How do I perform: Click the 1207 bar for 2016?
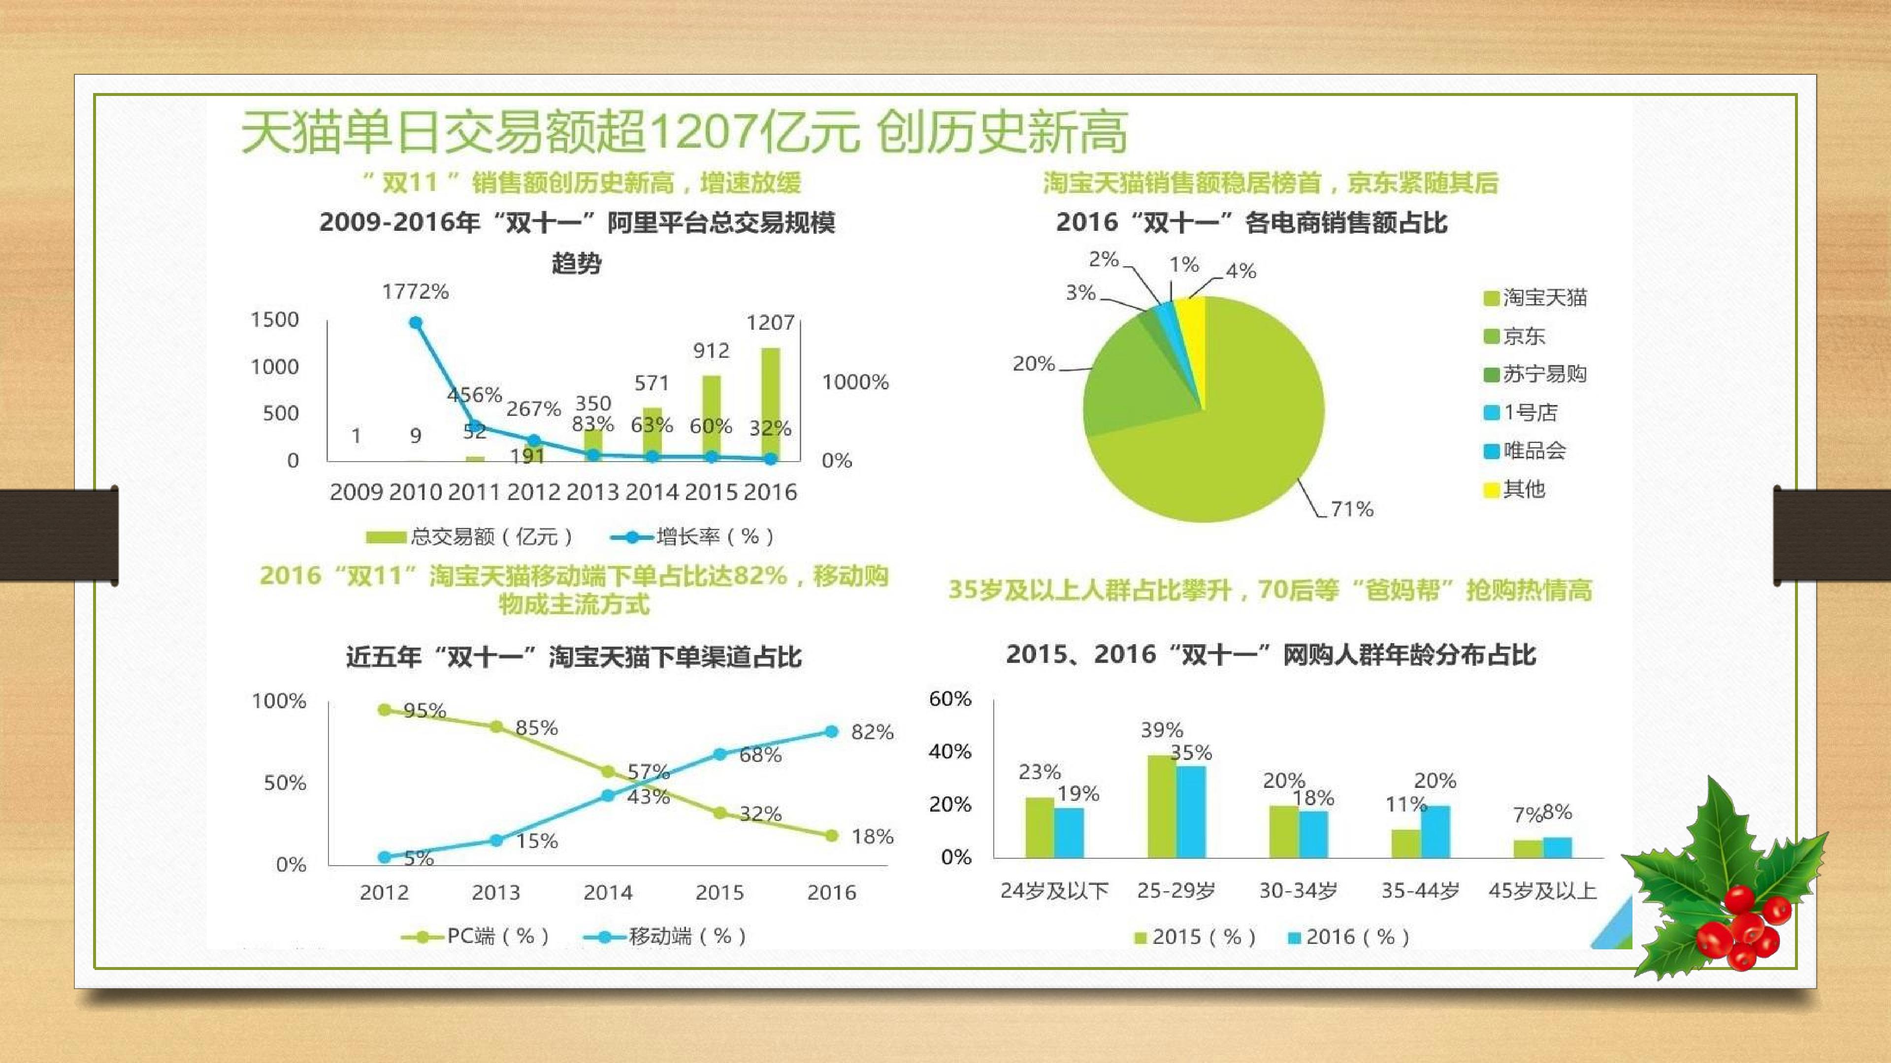pos(770,404)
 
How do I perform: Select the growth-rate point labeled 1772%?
pos(416,323)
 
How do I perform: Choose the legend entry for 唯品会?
pos(1525,450)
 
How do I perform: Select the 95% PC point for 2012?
pos(384,709)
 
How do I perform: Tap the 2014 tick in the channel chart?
pos(608,892)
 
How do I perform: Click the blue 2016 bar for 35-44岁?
pos(1435,832)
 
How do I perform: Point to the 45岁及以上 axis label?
pos(1542,891)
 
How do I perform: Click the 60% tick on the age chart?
pos(950,698)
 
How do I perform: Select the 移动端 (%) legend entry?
pos(665,936)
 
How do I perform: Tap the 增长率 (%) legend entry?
pos(692,537)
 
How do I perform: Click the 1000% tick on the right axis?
pos(855,381)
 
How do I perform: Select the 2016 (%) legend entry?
pos(1348,937)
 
